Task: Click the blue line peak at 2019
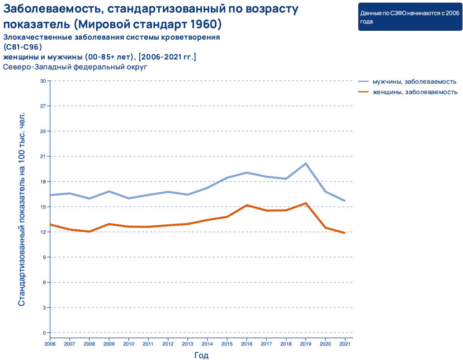[306, 163]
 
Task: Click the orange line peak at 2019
[306, 203]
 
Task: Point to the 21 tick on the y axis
[43, 156]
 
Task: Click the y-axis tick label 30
[43, 81]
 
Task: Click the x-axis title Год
[201, 355]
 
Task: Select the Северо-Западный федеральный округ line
[76, 66]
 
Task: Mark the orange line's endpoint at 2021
[345, 233]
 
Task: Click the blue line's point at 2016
[247, 172]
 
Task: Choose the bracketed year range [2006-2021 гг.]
[167, 57]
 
